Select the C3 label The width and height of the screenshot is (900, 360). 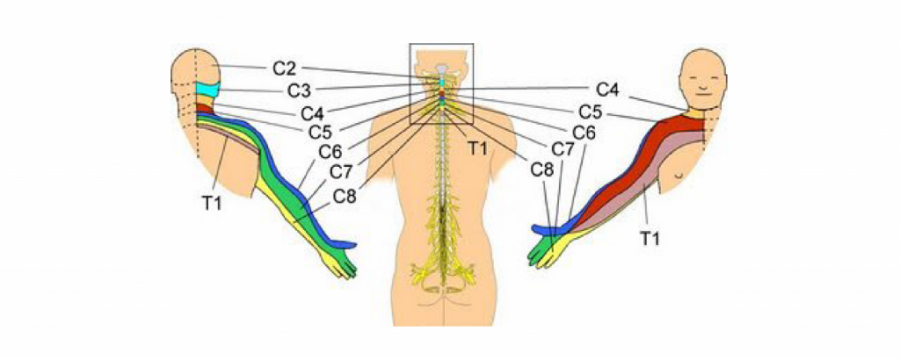pyautogui.click(x=299, y=90)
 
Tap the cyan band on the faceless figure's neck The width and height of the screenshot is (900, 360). pyautogui.click(x=207, y=91)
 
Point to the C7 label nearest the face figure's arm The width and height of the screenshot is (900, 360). pyautogui.click(x=565, y=149)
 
